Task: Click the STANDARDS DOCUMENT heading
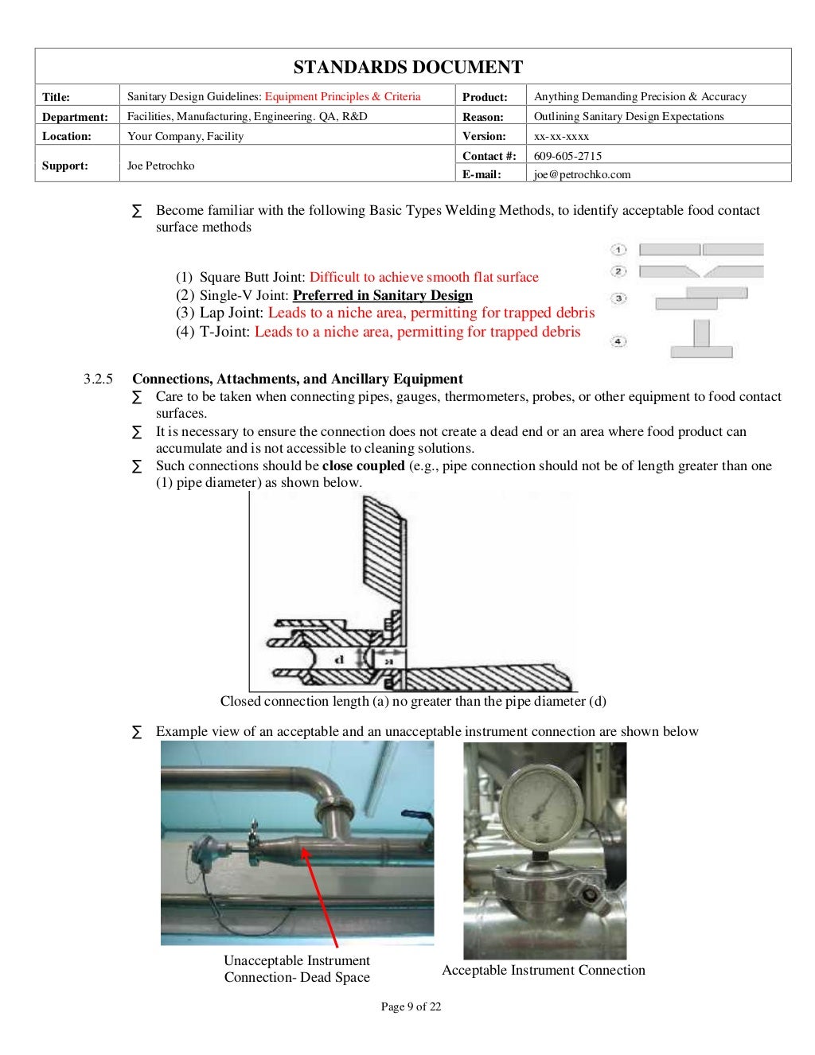tap(407, 67)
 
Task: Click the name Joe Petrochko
tap(161, 165)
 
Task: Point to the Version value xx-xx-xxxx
tap(561, 136)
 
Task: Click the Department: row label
tap(75, 117)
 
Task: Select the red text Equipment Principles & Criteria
tap(342, 96)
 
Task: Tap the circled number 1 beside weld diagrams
tap(619, 250)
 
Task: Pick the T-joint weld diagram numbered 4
tap(701, 340)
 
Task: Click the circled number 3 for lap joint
tap(619, 299)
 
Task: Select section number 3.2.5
tap(98, 379)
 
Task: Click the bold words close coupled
tap(363, 465)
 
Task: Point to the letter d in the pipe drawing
tap(338, 660)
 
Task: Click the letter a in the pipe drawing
tap(389, 660)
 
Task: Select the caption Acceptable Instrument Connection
tap(544, 970)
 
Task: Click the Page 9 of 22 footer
tap(411, 1006)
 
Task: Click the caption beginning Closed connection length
tap(413, 701)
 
